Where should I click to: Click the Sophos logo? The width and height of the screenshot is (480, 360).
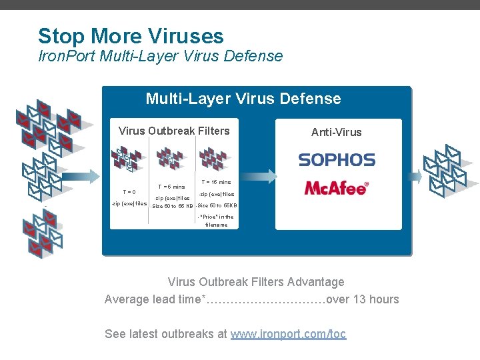click(x=337, y=160)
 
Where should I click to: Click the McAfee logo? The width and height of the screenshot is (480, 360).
click(x=337, y=188)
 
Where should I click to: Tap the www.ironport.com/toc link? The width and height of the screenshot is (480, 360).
click(x=288, y=334)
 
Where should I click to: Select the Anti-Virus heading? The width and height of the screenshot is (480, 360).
click(x=337, y=132)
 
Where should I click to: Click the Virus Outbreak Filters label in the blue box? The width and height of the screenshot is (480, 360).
click(x=173, y=131)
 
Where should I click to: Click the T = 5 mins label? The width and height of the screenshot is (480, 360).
click(x=170, y=187)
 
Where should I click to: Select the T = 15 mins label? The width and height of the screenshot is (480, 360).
click(x=215, y=182)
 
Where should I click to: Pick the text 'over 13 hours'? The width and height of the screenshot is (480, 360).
click(x=363, y=299)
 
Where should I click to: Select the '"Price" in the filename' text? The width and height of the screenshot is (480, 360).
click(x=216, y=221)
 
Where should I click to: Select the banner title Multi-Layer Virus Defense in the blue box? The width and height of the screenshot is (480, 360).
click(x=243, y=99)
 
